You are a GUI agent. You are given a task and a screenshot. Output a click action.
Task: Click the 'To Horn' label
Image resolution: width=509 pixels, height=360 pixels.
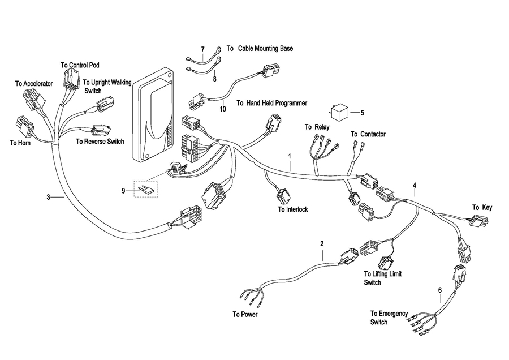(x=20, y=143)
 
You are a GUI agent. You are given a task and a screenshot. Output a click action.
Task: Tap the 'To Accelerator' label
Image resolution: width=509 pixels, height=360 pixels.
(x=34, y=84)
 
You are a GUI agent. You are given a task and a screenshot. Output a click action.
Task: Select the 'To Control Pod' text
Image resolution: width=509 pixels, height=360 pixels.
(x=80, y=65)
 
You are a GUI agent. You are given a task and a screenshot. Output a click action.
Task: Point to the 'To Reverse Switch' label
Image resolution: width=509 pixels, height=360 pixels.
(x=100, y=142)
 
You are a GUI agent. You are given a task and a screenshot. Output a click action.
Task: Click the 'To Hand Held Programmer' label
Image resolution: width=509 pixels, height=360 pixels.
(x=271, y=103)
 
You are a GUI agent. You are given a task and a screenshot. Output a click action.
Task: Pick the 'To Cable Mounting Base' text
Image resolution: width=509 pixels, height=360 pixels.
(x=260, y=49)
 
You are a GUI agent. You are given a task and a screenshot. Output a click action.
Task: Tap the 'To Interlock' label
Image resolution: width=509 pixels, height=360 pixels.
(x=293, y=209)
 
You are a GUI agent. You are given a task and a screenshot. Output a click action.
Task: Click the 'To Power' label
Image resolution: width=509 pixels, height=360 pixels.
(x=245, y=314)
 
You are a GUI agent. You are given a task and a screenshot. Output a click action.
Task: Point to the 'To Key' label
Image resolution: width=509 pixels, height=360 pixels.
(x=482, y=207)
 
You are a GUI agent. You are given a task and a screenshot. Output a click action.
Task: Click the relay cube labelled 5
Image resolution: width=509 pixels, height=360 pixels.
(x=339, y=113)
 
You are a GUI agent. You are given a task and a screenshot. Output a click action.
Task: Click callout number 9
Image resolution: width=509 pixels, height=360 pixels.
(x=123, y=191)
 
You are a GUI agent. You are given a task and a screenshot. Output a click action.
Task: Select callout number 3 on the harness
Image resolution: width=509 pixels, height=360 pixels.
(x=49, y=197)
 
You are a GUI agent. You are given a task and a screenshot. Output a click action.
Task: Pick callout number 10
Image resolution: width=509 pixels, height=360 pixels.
(x=223, y=109)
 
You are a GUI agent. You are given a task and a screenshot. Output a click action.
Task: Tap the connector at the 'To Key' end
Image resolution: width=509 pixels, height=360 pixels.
(x=479, y=222)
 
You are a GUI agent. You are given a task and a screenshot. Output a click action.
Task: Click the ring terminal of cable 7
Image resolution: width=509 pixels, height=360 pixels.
(x=219, y=49)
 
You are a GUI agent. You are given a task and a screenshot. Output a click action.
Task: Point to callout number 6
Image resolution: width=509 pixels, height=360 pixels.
(x=440, y=290)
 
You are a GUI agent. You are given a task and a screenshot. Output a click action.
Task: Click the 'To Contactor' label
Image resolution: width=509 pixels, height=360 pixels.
(x=368, y=134)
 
